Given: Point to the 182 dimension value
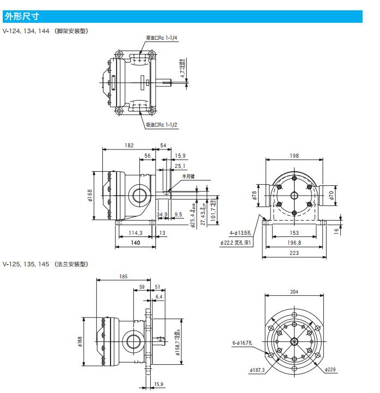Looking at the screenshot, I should click(129, 145).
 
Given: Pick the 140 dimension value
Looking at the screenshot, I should click(136, 243).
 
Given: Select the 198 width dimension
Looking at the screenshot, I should click(294, 156).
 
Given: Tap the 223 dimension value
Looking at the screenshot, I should click(294, 253).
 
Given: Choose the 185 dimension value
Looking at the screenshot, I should click(124, 277).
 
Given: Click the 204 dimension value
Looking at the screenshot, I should click(294, 292).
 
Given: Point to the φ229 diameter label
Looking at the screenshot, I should click(330, 370).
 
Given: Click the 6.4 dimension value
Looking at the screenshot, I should click(159, 296).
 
